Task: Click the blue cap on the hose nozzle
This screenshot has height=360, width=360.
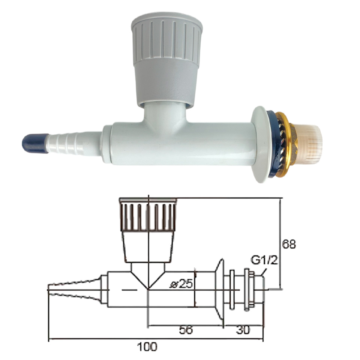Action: [x=34, y=143]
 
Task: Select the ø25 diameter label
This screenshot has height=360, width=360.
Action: [x=181, y=284]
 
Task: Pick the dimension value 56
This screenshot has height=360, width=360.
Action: [x=185, y=330]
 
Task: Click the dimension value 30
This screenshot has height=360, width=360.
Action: [x=243, y=330]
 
